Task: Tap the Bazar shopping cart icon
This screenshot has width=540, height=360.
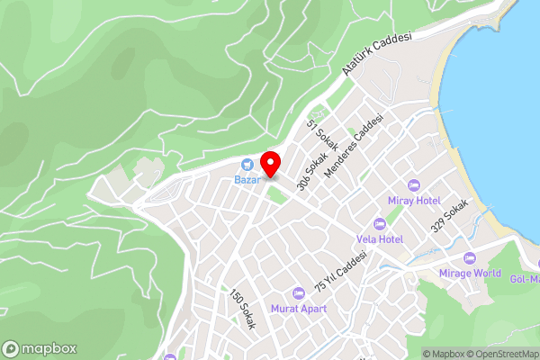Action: pyautogui.click(x=247, y=164)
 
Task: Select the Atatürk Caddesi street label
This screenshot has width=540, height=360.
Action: pyautogui.click(x=376, y=55)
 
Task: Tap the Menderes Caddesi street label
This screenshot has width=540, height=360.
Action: pyautogui.click(x=355, y=144)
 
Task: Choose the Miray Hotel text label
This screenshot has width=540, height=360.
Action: pyautogui.click(x=414, y=200)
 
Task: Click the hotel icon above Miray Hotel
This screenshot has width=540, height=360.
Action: pyautogui.click(x=414, y=184)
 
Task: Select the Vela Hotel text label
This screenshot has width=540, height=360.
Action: pyautogui.click(x=379, y=239)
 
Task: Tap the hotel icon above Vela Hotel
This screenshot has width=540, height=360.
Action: pyautogui.click(x=379, y=224)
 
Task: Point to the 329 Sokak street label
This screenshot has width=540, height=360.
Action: pyautogui.click(x=450, y=216)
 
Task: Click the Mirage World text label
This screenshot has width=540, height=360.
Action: pyautogui.click(x=471, y=273)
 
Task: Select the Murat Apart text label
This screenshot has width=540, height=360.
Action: pyautogui.click(x=300, y=309)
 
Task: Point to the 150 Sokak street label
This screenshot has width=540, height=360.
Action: pyautogui.click(x=242, y=310)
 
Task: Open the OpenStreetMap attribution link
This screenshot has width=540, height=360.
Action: pyautogui.click(x=500, y=354)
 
